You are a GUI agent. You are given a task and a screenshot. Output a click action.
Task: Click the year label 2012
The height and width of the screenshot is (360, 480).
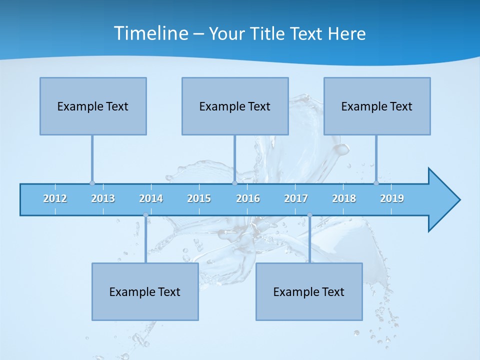tap(55, 198)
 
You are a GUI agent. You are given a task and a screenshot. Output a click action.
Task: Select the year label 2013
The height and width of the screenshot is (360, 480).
tap(103, 198)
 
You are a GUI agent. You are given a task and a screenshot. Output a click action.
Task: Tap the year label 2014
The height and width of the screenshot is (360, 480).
tap(151, 198)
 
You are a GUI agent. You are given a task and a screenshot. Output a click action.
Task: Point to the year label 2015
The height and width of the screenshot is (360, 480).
tap(199, 198)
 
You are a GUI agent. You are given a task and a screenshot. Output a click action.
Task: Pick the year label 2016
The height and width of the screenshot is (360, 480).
tap(248, 198)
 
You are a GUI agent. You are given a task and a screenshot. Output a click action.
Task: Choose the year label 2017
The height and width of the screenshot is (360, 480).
tap(296, 198)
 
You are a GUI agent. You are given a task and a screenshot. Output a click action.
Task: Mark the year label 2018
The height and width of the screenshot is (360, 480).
tap(344, 198)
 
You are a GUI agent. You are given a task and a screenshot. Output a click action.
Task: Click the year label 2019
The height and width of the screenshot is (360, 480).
tap(392, 198)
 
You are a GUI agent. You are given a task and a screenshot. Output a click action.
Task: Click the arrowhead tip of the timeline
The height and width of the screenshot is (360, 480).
tap(459, 200)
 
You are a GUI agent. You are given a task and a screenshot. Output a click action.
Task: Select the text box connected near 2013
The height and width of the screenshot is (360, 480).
tap(93, 106)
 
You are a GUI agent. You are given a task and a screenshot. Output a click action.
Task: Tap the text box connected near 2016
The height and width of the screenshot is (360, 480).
tap(235, 106)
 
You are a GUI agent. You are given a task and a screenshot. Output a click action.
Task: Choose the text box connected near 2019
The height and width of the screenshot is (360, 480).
tap(377, 106)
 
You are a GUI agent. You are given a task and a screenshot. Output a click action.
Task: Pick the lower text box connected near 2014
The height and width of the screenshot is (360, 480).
tap(145, 291)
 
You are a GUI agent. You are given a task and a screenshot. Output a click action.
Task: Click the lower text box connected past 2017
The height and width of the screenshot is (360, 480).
tap(309, 291)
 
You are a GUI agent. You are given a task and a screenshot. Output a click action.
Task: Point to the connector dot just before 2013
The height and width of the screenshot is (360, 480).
tap(92, 183)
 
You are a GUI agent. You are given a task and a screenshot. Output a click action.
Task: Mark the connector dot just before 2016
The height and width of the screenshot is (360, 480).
tap(235, 183)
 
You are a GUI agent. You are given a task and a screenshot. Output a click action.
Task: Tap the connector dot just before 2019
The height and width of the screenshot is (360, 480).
tap(376, 183)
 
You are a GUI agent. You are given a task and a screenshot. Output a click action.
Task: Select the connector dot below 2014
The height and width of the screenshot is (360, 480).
tap(145, 215)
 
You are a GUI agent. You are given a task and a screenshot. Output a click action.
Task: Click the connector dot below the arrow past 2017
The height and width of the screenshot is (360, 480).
tap(309, 215)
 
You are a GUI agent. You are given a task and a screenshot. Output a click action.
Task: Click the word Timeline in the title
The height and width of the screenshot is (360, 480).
tap(150, 33)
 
